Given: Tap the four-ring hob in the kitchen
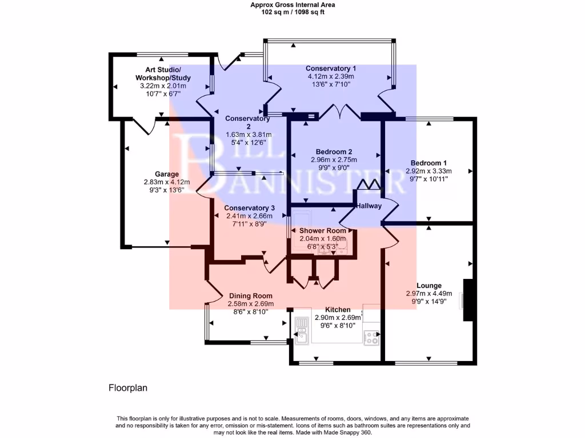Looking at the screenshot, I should pos(372,338).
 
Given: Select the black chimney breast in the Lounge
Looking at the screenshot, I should pos(468,300).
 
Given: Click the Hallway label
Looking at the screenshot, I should pos(368,206).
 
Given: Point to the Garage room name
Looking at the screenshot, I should pos(167,174).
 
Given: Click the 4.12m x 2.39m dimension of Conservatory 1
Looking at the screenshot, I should pos(331,76).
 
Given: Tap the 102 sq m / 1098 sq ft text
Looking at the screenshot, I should pos(292,12).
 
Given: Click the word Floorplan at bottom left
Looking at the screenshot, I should pos(128,388).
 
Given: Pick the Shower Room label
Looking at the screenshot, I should pos(323,230).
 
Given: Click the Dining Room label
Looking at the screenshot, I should pos(250,296).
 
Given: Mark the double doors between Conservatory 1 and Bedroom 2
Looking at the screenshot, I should pos(340,112).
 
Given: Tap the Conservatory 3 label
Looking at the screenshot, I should pos(249,208).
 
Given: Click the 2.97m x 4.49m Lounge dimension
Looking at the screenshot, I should pos(428,294).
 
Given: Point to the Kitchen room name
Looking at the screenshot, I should pos(338,310).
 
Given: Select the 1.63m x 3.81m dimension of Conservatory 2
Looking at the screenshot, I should pos(247,135).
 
